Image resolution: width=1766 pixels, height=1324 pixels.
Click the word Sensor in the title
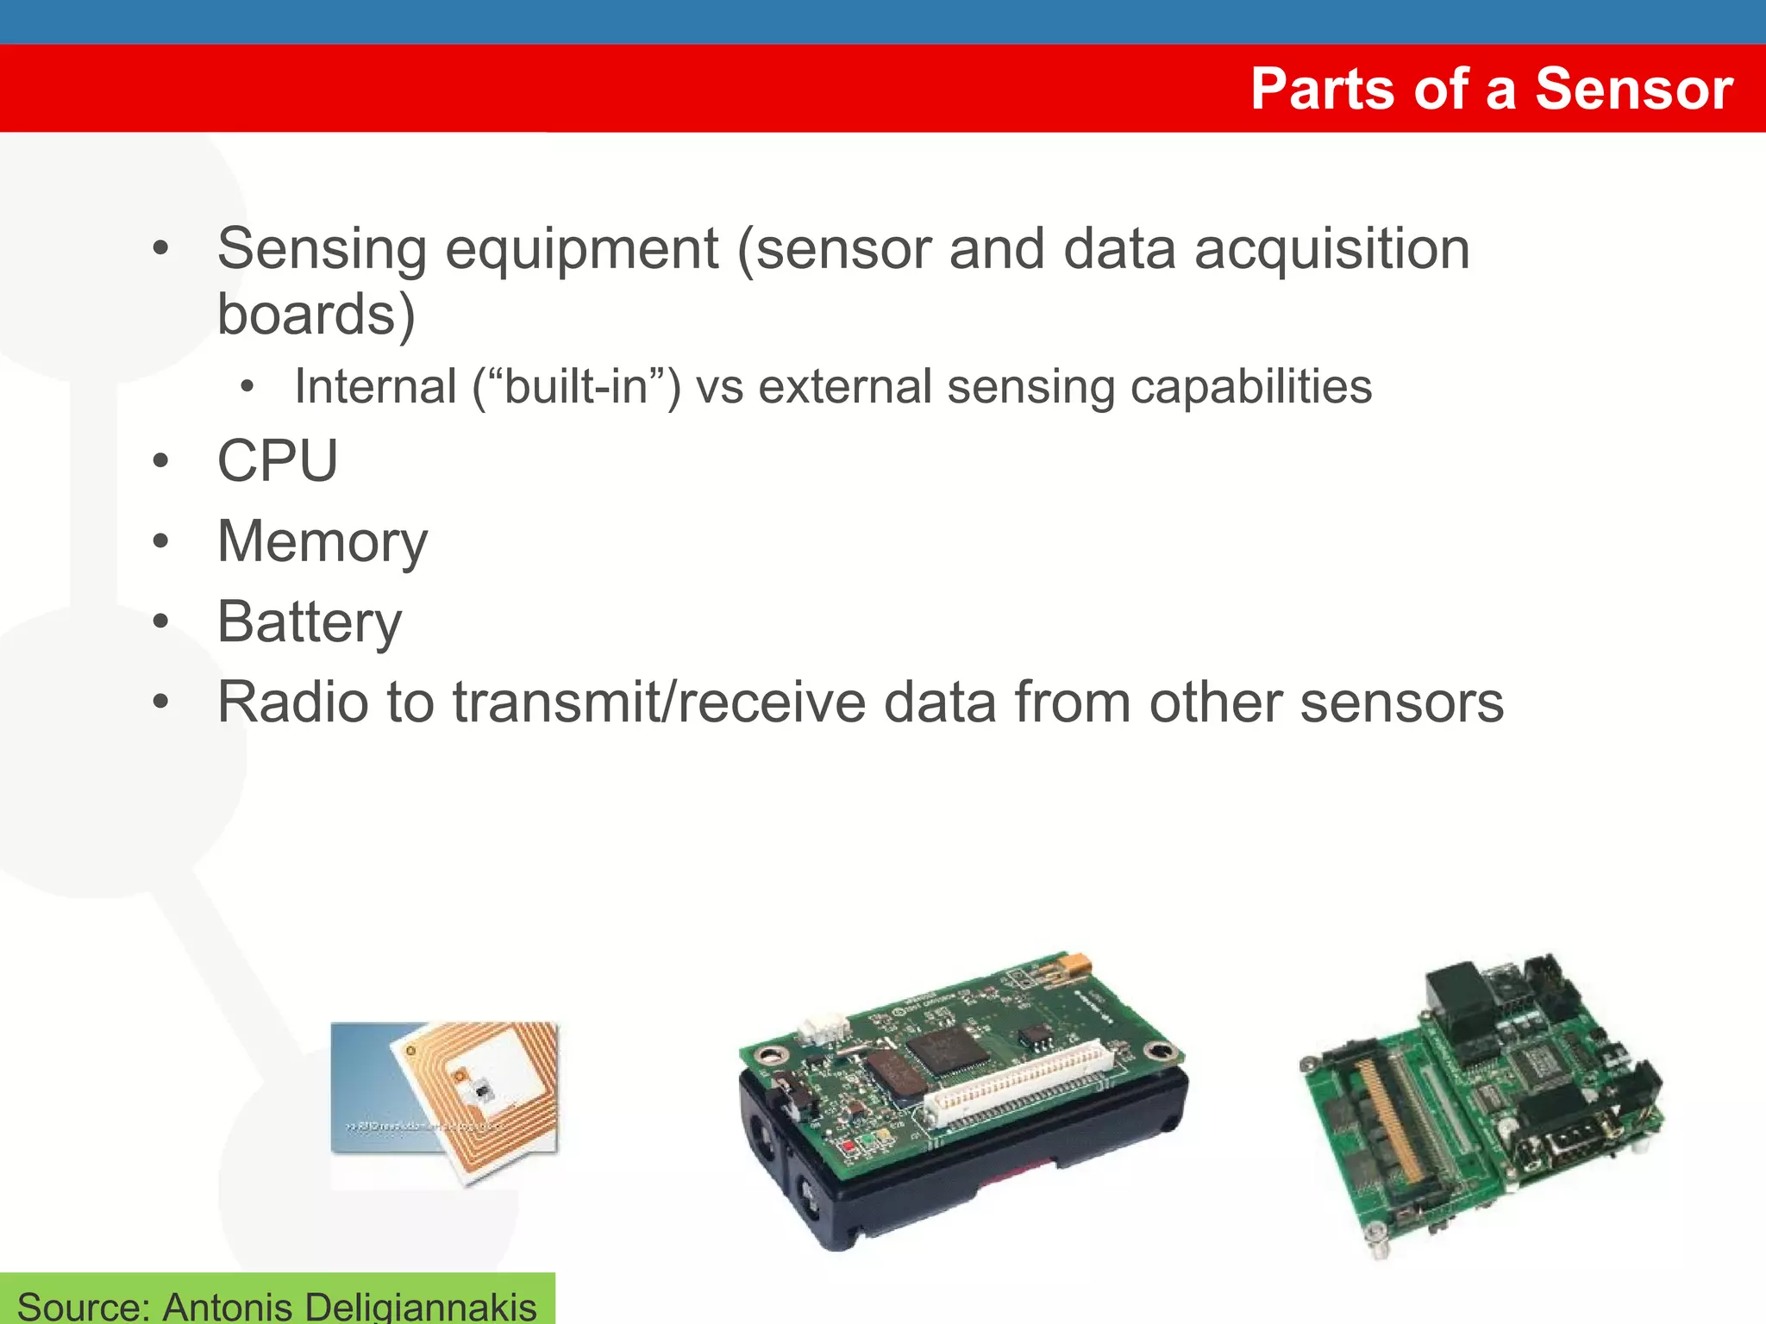[x=1634, y=89]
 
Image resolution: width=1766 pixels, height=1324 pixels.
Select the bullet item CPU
[x=277, y=460]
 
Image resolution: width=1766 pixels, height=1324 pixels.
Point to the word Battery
[x=309, y=621]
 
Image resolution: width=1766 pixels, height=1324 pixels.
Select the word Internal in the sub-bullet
[x=375, y=386]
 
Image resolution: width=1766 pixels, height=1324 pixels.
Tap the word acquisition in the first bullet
[x=1331, y=250]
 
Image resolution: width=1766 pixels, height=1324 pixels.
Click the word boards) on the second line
[x=316, y=315]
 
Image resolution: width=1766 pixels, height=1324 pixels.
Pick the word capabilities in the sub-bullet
[x=1250, y=386]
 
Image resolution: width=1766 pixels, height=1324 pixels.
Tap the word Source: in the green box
[x=83, y=1305]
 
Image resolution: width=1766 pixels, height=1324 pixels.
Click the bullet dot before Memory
[x=160, y=541]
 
